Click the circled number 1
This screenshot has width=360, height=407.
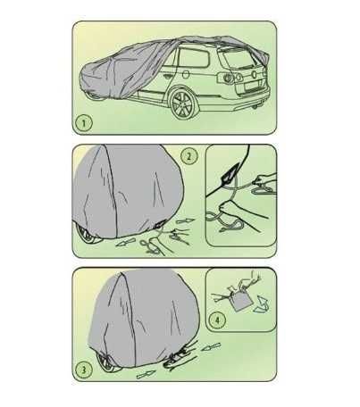[x=83, y=123]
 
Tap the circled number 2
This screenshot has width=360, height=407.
[x=189, y=156]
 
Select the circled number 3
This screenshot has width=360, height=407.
[x=84, y=370]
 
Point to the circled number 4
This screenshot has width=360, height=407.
[x=217, y=320]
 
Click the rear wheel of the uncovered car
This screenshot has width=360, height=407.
[x=182, y=104]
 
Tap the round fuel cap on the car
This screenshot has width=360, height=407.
[x=186, y=74]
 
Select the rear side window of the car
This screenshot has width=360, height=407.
[x=193, y=57]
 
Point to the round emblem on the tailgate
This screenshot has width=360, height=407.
[x=254, y=74]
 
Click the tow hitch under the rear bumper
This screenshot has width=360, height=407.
[x=255, y=106]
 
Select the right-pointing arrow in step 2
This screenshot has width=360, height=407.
[x=185, y=221]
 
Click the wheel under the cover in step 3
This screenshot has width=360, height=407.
[x=108, y=361]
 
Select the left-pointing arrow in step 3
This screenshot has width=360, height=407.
[x=211, y=346]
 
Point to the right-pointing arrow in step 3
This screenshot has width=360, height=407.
[x=147, y=374]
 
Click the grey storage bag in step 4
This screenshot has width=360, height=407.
[x=241, y=301]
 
